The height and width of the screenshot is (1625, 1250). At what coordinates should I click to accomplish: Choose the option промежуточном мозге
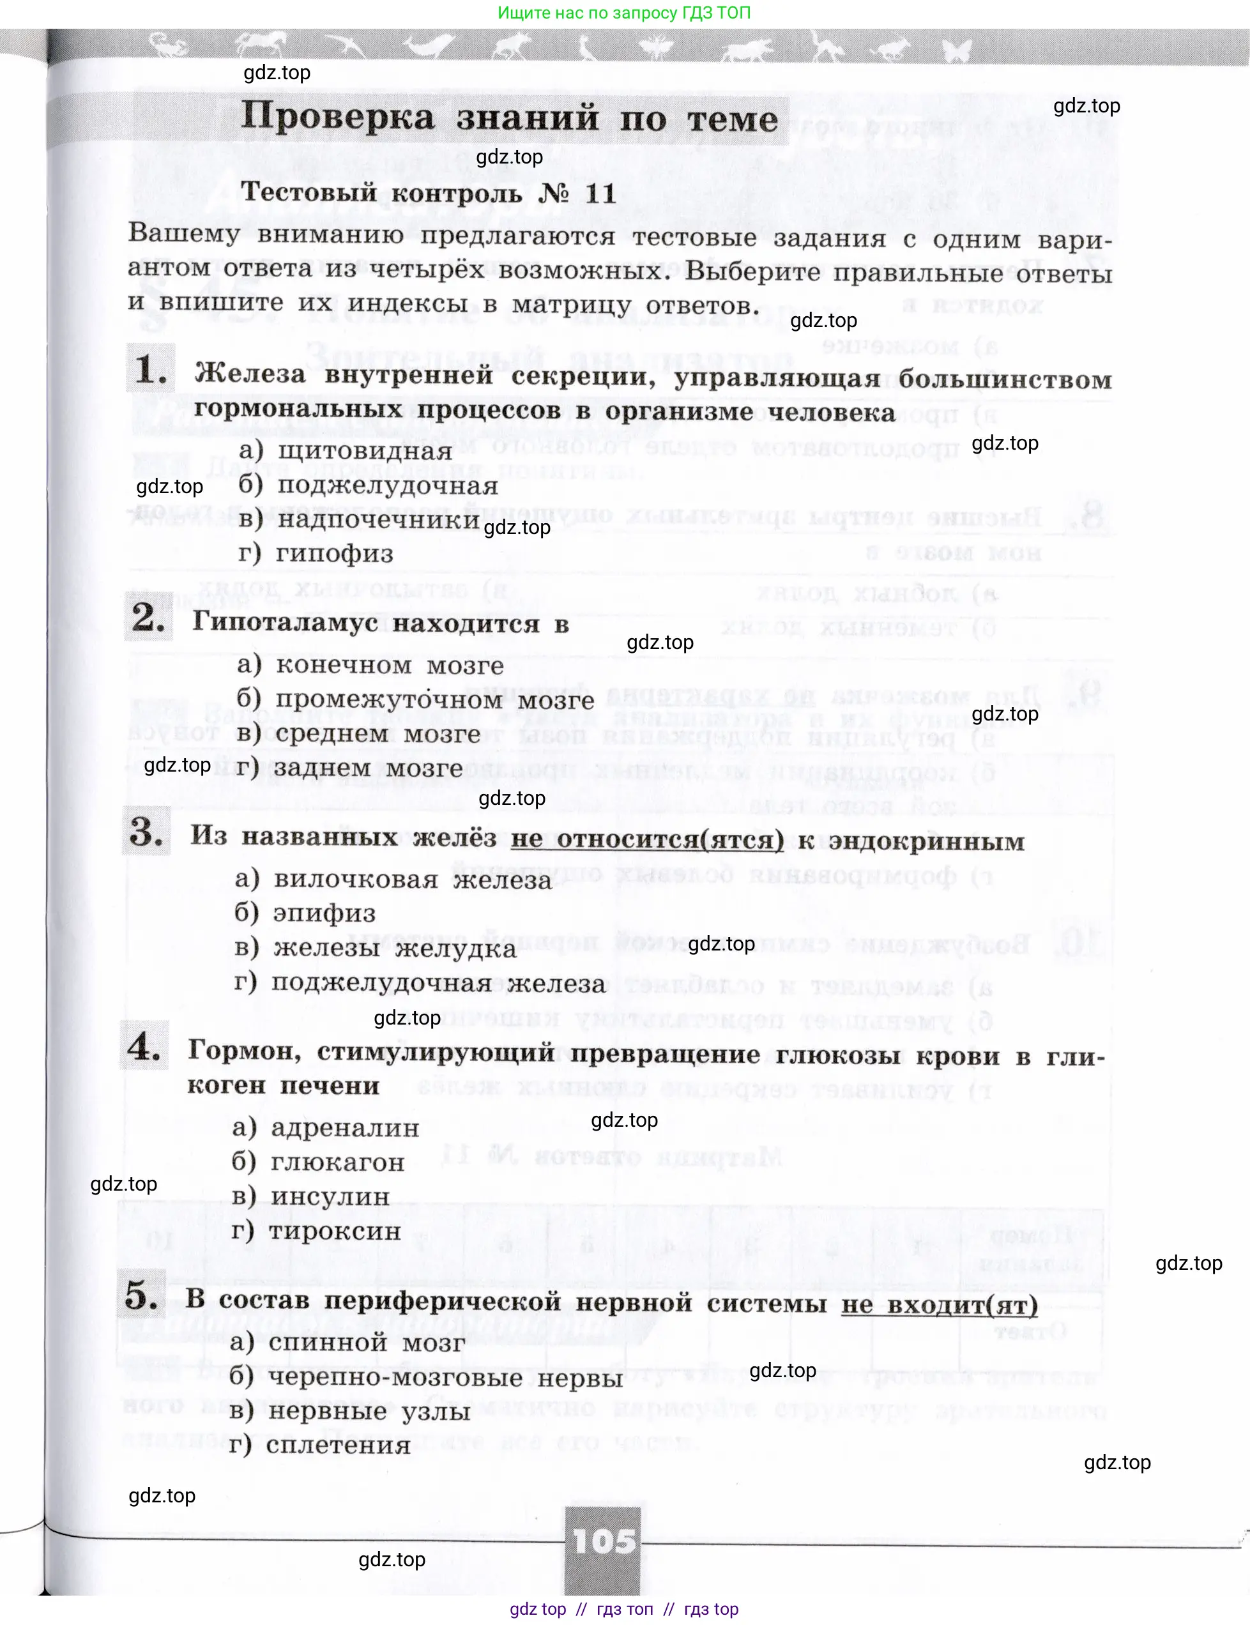(x=434, y=699)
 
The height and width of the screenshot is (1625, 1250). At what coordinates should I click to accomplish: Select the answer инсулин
(x=330, y=1196)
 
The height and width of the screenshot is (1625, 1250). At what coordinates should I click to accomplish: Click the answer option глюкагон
(x=337, y=1162)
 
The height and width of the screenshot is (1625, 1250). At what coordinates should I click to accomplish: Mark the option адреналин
(x=344, y=1128)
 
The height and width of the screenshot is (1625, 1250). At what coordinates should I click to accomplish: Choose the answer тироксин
(x=334, y=1231)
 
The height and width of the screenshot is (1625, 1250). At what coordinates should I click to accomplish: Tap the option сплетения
(x=338, y=1445)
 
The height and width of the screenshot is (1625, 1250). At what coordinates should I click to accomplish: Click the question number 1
(x=150, y=369)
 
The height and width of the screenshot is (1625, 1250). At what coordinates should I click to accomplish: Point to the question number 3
(x=146, y=831)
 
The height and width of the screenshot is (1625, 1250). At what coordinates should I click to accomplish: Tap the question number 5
(x=141, y=1295)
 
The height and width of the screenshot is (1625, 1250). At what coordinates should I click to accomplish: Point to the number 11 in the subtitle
(x=601, y=194)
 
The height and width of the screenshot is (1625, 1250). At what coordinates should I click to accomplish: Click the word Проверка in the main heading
(x=338, y=118)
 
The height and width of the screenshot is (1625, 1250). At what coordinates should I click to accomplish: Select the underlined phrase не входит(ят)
(x=939, y=1304)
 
